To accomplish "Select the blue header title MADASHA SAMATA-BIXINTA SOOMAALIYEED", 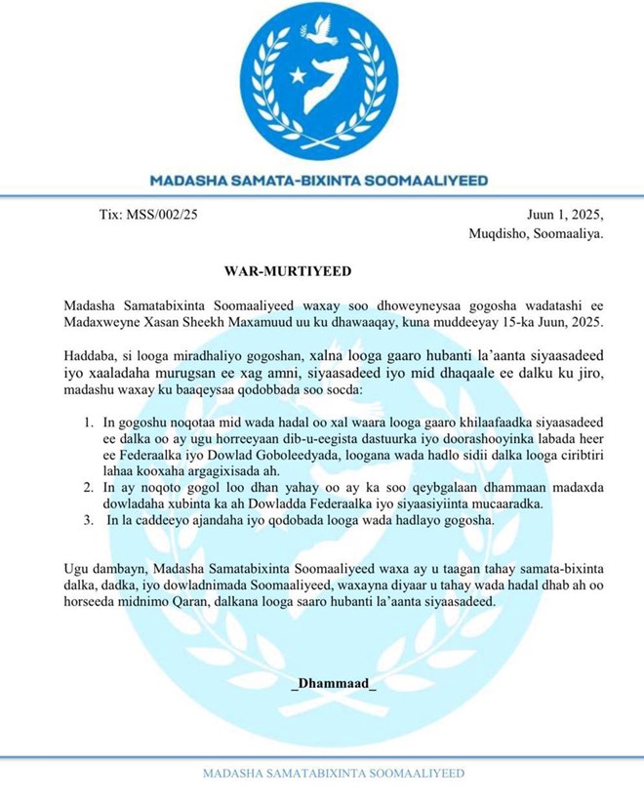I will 319,181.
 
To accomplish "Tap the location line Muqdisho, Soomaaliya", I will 535,234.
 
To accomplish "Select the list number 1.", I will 87,423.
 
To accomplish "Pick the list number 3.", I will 87,522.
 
